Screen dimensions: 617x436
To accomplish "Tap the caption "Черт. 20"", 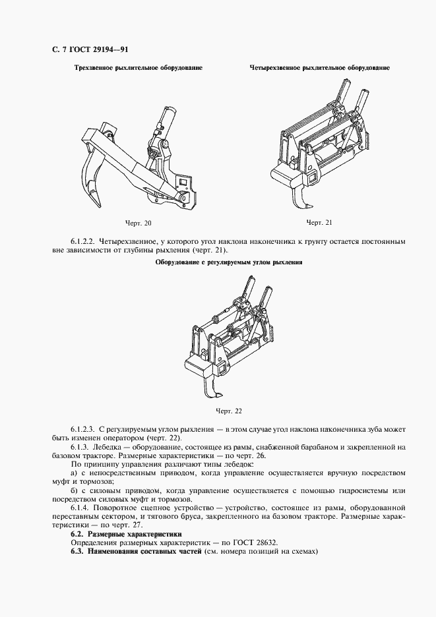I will coord(138,223).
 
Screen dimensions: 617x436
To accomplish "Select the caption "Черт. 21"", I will coord(319,222).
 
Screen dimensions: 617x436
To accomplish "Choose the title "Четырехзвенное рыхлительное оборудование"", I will coord(319,68).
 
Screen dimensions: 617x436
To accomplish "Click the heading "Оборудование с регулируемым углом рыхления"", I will coord(228,262).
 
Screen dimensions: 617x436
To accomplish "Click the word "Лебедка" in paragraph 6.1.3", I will coord(115,448).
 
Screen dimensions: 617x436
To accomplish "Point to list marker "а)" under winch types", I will coord(75,473).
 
